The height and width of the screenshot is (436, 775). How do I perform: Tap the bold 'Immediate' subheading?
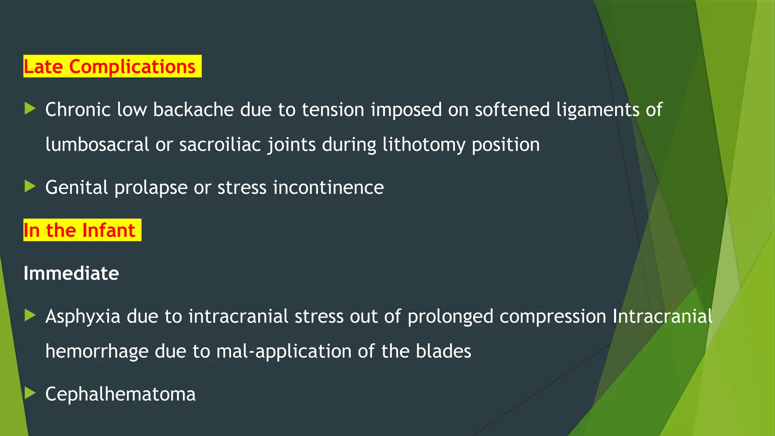coord(71,273)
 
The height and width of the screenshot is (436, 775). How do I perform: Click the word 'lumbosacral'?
coord(97,145)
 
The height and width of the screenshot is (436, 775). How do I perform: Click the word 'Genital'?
coord(77,187)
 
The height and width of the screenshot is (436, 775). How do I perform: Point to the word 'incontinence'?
coord(328,187)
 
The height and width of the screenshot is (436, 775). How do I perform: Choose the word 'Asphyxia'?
coord(83,317)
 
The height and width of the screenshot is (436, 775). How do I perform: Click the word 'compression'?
coord(553,317)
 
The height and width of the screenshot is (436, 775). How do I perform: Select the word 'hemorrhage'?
coord(97,351)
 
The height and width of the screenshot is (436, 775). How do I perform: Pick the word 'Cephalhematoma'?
coord(120,394)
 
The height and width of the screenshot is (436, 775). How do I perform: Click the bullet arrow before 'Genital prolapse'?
coord(30,186)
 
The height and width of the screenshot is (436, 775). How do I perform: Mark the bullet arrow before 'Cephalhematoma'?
coord(30,393)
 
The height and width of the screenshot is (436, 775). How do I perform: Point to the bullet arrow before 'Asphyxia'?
coord(30,315)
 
